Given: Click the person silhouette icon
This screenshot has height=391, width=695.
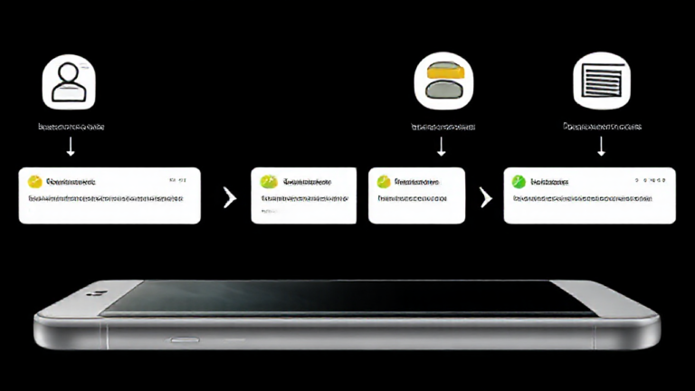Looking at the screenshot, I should [69, 81].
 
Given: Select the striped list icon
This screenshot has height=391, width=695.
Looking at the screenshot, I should [601, 81].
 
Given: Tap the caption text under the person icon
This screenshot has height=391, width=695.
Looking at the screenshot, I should [70, 127].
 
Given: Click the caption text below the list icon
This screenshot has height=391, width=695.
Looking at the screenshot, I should [601, 127].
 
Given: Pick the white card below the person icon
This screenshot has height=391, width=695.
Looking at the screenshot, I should [109, 195].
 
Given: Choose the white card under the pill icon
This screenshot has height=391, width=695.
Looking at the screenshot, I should [416, 195].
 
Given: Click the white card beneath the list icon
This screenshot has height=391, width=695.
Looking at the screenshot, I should [589, 195].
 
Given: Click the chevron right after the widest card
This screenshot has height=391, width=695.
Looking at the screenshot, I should [229, 196].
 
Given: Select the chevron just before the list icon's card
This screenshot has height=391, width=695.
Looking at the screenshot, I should [486, 196].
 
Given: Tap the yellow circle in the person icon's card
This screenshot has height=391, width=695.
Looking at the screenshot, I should [35, 181].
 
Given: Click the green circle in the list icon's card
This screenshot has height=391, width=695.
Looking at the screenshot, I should [519, 181].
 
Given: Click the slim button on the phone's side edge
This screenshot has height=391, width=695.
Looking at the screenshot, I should [184, 341].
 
